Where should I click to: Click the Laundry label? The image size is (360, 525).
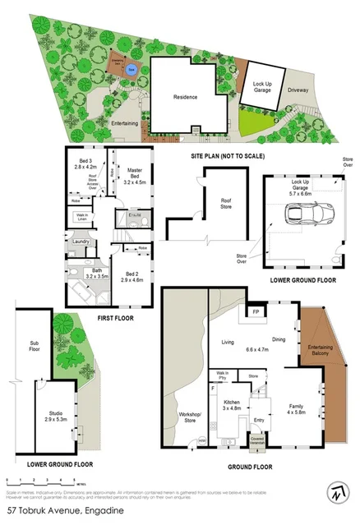[x=81, y=241]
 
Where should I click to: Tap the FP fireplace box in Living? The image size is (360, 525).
[x=255, y=313]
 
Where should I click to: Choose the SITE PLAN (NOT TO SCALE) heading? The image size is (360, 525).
[x=227, y=154]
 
